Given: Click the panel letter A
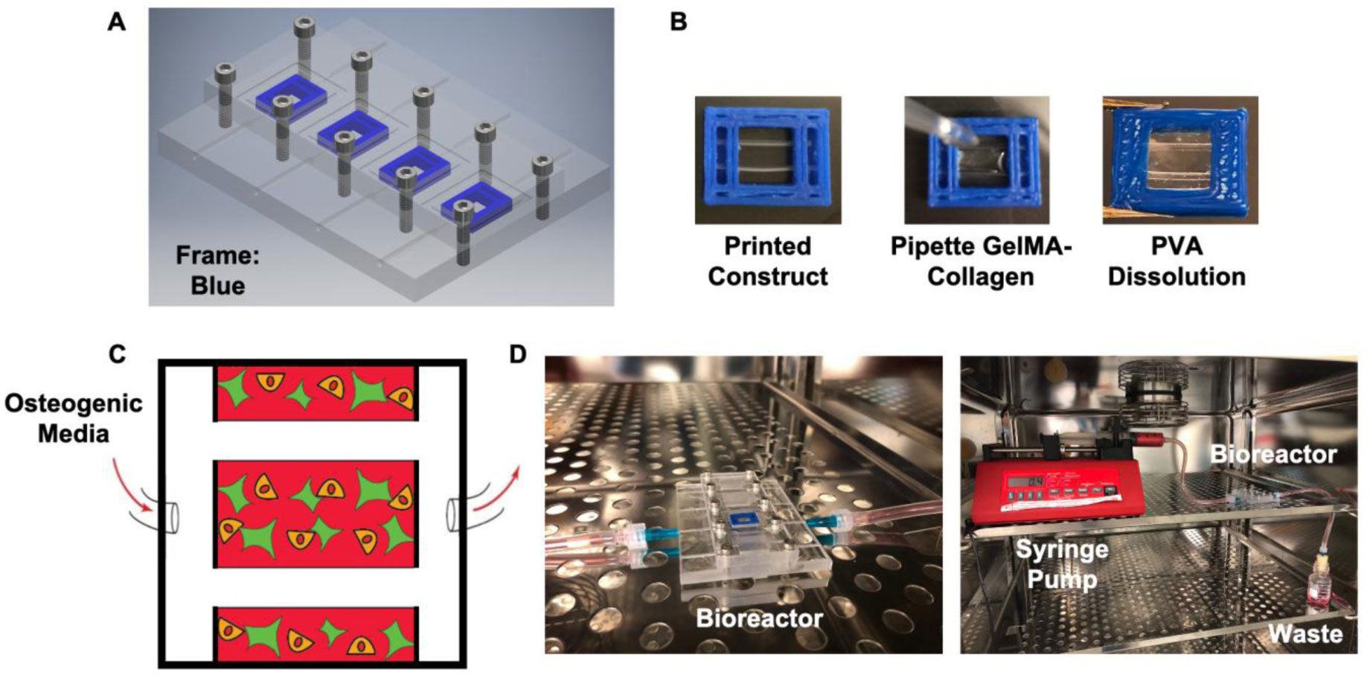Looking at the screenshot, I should pyautogui.click(x=117, y=22).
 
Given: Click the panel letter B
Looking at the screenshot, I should pyautogui.click(x=678, y=22).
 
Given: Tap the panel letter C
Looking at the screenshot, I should pyautogui.click(x=117, y=354).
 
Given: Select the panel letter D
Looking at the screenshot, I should pyautogui.click(x=518, y=354).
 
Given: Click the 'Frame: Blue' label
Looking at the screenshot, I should pyautogui.click(x=217, y=271).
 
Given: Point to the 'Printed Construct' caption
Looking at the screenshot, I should pyautogui.click(x=767, y=261).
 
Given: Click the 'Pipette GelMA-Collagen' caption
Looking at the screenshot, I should pyautogui.click(x=980, y=261).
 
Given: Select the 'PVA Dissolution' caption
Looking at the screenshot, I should pyautogui.click(x=1177, y=261).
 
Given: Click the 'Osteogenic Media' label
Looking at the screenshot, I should pyautogui.click(x=73, y=418).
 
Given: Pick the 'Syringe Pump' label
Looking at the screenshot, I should pyautogui.click(x=1062, y=564).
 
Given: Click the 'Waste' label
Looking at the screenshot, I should pyautogui.click(x=1305, y=633).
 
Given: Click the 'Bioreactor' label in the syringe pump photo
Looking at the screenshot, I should pyautogui.click(x=1273, y=454).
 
